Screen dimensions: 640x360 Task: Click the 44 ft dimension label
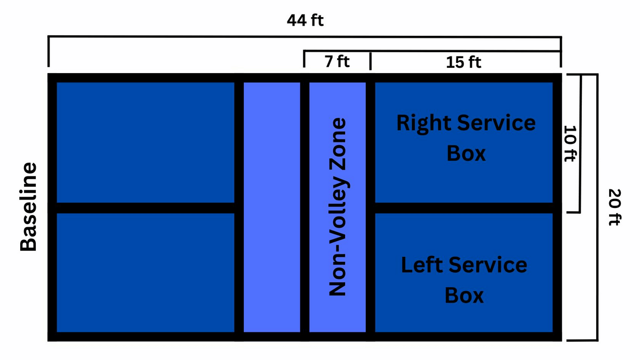pos(305,20)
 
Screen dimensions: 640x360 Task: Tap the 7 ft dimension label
pos(337,61)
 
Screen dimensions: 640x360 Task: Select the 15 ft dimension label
pos(463,62)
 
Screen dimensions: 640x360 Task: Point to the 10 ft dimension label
pos(570,143)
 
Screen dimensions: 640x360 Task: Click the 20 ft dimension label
pos(614,207)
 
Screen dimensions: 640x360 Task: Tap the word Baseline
pos(28,207)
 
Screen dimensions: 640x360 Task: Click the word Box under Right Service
pos(466,154)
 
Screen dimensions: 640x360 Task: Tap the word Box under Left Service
pos(464,295)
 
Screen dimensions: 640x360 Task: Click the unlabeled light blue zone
pos(271,207)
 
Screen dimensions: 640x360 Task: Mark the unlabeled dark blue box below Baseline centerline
pos(146,273)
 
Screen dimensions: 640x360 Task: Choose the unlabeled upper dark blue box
pos(146,142)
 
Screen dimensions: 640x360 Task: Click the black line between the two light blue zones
pos(305,207)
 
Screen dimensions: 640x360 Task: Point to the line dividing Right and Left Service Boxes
pos(463,208)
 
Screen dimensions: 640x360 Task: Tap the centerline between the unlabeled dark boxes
pos(146,208)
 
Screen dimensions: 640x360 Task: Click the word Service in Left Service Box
pos(488,265)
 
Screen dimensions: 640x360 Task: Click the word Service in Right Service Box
pos(497,123)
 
